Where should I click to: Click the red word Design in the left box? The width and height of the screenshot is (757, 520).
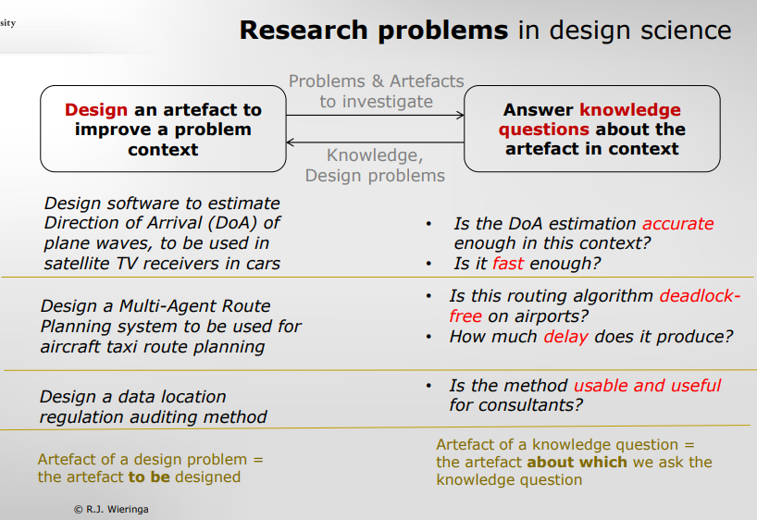[x=96, y=109]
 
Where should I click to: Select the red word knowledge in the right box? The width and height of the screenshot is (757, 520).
[x=630, y=110]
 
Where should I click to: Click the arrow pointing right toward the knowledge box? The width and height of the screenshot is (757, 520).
[x=375, y=115]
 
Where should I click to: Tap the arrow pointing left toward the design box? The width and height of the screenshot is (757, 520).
[x=375, y=142]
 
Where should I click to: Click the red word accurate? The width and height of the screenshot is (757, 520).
[x=677, y=224]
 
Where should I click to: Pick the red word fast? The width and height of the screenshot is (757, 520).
[x=508, y=263]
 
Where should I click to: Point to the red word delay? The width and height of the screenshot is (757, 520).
[x=565, y=337]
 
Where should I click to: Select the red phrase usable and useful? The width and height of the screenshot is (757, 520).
[x=647, y=385]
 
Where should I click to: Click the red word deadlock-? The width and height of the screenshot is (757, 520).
[x=700, y=295]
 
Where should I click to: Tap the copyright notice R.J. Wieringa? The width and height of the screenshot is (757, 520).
[x=111, y=510]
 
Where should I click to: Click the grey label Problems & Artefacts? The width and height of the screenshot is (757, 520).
[x=376, y=81]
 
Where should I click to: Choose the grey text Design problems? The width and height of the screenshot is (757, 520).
[x=375, y=176]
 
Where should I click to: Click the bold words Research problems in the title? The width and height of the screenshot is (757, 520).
[x=374, y=31]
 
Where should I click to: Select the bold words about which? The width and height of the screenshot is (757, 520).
[x=577, y=462]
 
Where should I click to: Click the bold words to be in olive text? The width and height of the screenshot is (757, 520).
[x=149, y=477]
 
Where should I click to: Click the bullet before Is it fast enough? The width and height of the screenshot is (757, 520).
[x=428, y=264]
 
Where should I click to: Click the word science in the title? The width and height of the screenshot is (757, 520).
[x=686, y=31]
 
